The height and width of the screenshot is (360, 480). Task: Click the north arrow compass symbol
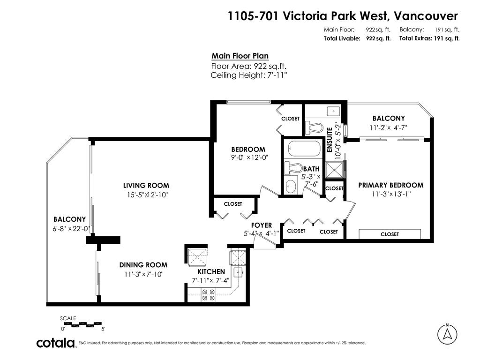(x=447, y=334)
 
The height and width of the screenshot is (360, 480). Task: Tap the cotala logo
(x=56, y=343)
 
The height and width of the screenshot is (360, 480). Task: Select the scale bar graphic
(x=81, y=323)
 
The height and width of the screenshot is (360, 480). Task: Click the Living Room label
(x=146, y=185)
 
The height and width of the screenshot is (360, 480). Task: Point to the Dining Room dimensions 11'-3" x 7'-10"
(x=143, y=274)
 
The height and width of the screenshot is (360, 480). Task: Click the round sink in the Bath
(x=291, y=186)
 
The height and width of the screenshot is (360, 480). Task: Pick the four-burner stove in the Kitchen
(x=208, y=295)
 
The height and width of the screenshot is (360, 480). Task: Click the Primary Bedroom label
(x=390, y=185)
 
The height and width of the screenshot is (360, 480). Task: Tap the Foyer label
(x=261, y=225)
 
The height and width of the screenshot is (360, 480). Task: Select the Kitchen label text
(x=211, y=271)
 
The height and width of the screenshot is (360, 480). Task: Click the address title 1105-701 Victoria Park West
(x=342, y=16)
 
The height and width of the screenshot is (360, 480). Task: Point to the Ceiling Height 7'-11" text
(x=248, y=75)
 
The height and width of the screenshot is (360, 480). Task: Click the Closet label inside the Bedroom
(x=290, y=119)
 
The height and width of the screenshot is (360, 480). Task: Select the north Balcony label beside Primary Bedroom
(x=388, y=118)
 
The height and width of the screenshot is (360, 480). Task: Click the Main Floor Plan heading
(x=240, y=56)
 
